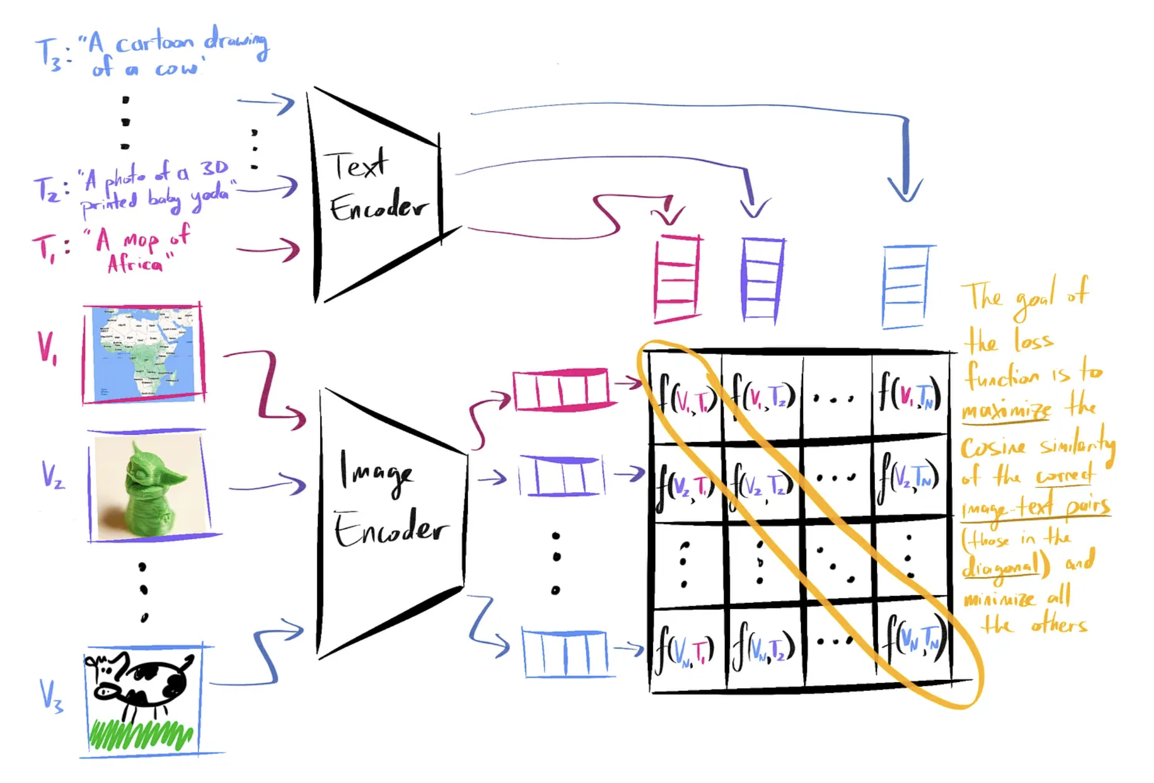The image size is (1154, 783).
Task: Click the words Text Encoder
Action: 377,187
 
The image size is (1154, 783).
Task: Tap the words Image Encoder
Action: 390,499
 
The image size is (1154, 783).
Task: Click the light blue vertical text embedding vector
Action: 905,286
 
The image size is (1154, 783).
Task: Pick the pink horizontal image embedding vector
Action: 561,389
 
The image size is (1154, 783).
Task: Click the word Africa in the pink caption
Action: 135,263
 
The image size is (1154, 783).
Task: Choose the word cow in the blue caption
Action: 177,69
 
